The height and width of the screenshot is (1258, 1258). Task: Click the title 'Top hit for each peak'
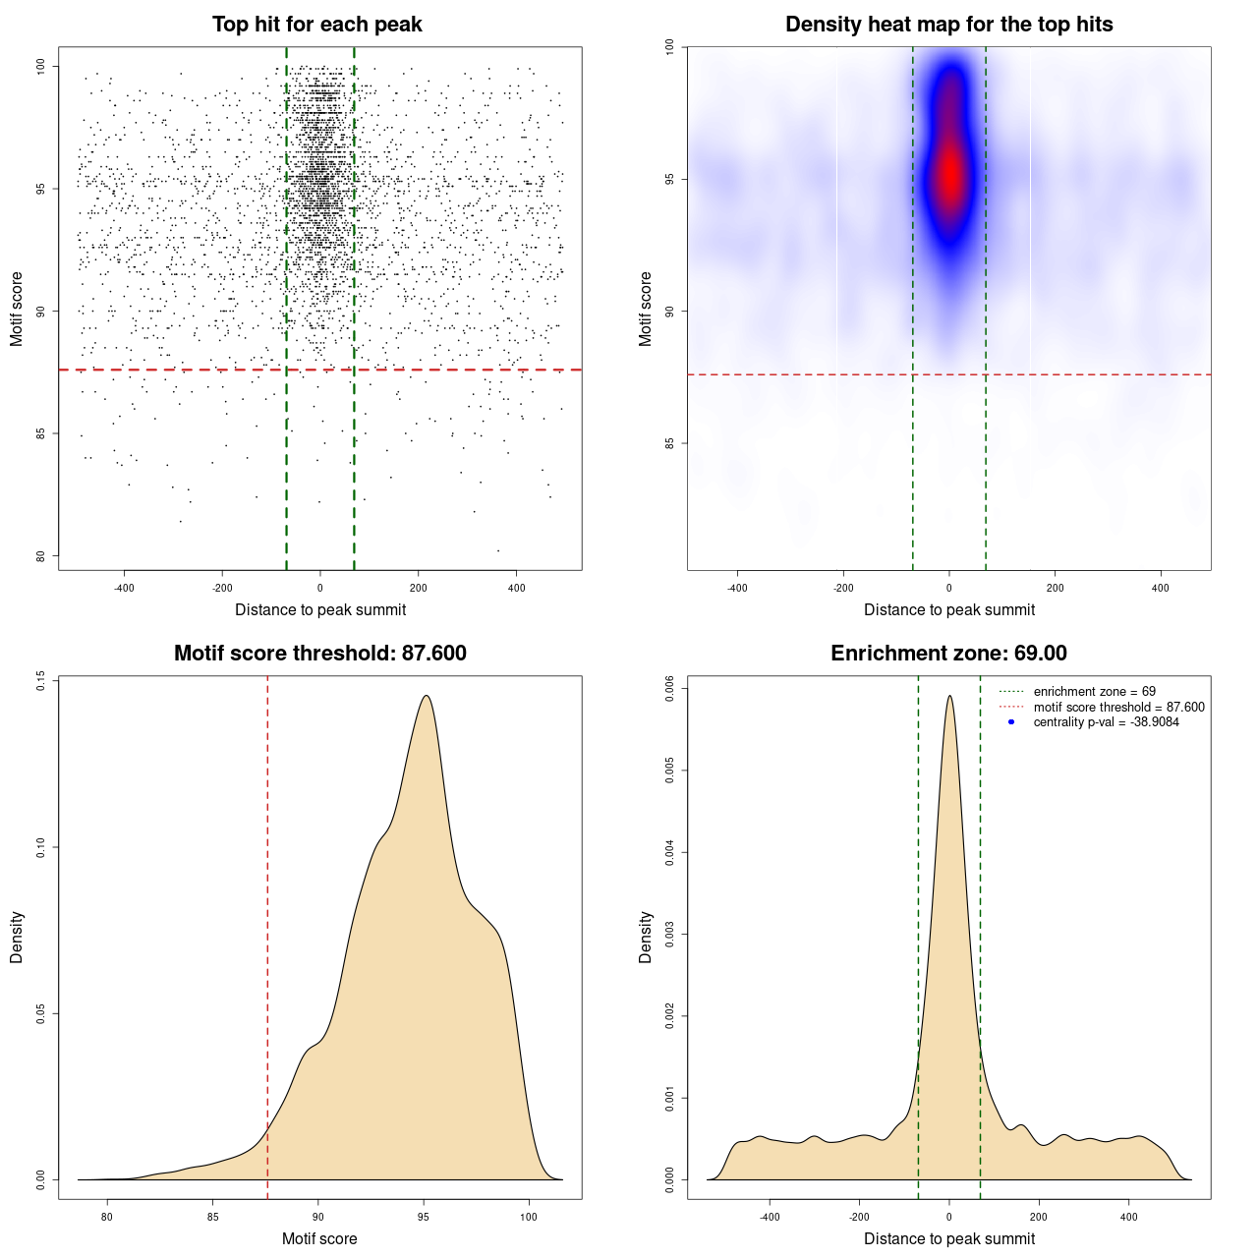point(317,25)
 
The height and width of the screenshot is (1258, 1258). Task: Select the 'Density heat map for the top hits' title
point(948,25)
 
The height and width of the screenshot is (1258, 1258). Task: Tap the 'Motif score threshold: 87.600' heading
point(319,654)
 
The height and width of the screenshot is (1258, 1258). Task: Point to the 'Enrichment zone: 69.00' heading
point(948,654)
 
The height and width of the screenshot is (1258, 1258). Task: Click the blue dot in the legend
point(1011,722)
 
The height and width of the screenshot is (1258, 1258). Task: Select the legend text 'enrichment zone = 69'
point(1094,692)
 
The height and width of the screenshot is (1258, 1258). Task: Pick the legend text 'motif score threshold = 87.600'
point(1118,707)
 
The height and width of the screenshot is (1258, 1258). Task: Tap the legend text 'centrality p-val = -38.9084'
point(1106,722)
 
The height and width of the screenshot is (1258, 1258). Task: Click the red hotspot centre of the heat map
point(950,177)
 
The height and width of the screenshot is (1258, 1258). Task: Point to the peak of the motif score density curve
point(426,696)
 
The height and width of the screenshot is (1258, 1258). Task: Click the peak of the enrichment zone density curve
point(949,696)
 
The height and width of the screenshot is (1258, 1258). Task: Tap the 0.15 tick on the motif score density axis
point(40,680)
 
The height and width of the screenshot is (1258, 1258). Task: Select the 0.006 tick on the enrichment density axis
point(669,689)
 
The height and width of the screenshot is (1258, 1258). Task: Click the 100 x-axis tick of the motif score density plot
point(529,1217)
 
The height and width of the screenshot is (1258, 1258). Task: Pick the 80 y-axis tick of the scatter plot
point(40,556)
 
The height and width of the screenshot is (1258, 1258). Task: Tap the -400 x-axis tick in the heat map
point(737,588)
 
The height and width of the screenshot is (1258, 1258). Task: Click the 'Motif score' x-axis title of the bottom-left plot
point(319,1238)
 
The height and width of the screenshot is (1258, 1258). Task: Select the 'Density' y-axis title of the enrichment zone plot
point(646,937)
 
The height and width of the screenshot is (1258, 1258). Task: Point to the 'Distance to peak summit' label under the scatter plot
point(320,609)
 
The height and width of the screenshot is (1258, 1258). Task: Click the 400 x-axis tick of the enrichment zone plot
point(1128,1217)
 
